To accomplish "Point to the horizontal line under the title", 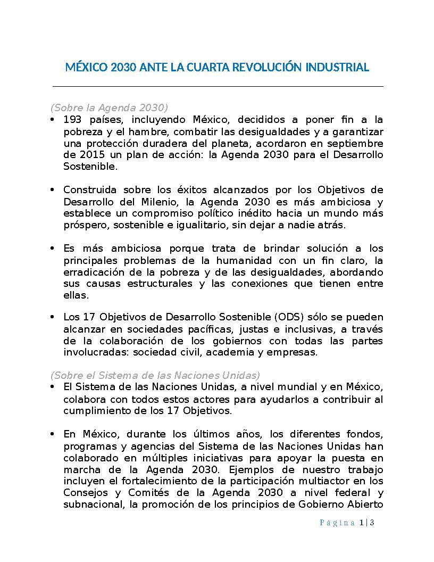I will point(217,86).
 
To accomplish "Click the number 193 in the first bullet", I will point(72,119).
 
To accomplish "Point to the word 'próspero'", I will point(84,225).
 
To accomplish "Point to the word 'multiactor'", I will point(330,481).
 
